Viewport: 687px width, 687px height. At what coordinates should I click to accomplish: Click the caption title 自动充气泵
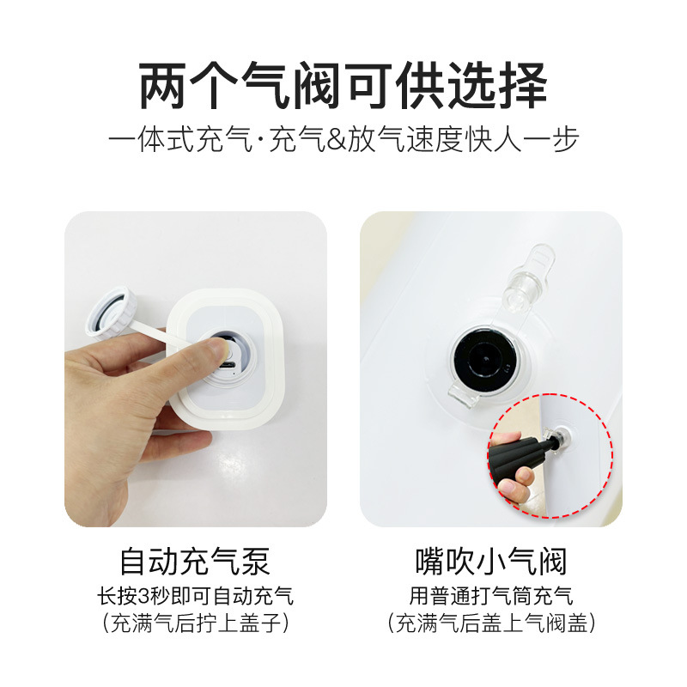(195, 562)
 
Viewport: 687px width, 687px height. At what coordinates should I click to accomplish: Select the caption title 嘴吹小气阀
(490, 562)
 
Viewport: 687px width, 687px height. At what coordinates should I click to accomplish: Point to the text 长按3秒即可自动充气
(195, 595)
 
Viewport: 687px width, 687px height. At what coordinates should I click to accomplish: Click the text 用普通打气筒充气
(490, 595)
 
